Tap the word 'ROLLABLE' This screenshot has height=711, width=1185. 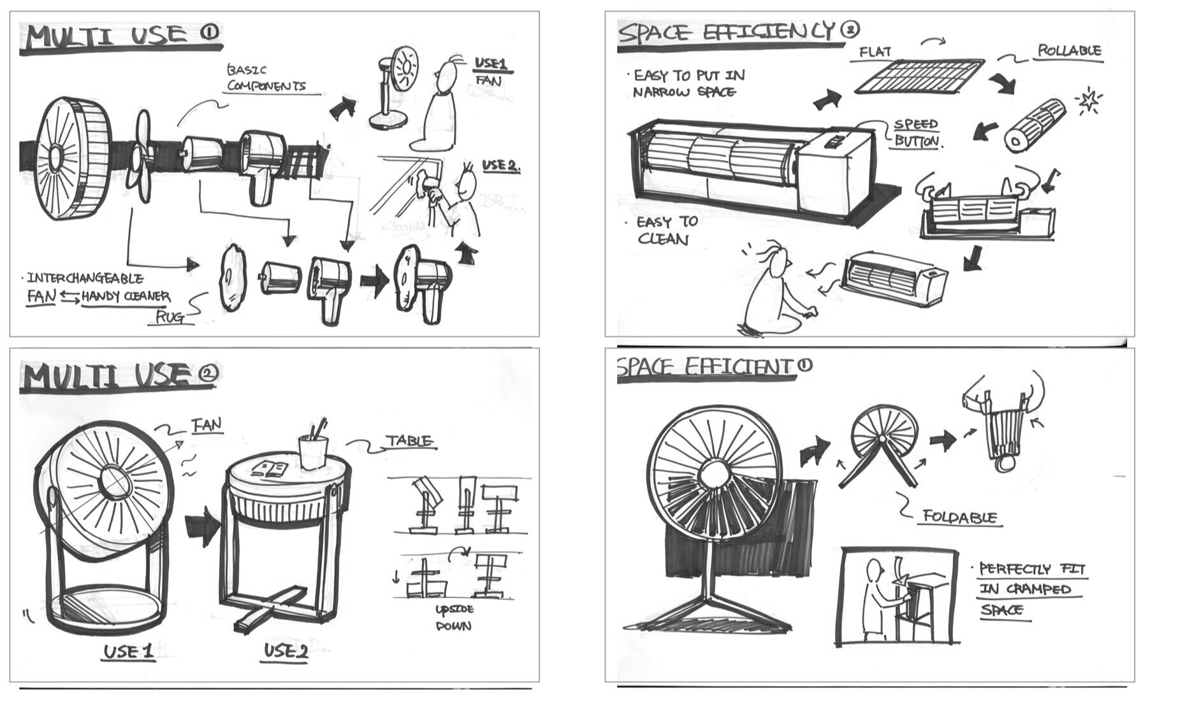tap(1069, 50)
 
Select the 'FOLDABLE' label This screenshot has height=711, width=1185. tap(959, 517)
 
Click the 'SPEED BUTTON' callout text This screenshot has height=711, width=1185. tap(916, 133)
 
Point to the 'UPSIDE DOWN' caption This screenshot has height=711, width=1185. tap(454, 617)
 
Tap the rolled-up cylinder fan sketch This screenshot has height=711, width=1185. tap(1034, 125)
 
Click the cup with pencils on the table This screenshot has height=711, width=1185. tap(313, 449)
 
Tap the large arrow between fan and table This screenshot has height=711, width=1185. tap(203, 527)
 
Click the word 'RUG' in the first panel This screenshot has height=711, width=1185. tap(170, 317)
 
